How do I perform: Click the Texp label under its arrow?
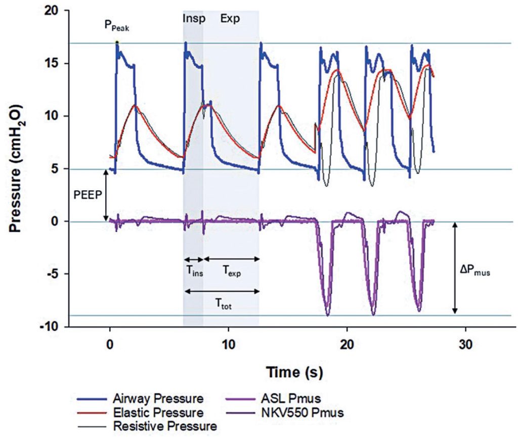tap(232, 273)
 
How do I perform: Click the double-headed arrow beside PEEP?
tap(106, 195)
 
